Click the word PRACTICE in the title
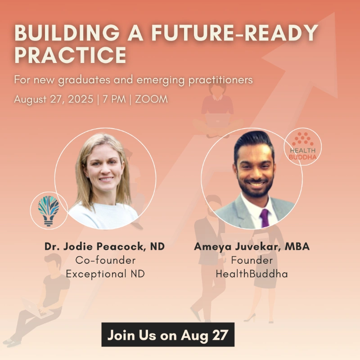(70, 55)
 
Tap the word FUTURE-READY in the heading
(234, 32)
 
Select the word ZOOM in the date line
(151, 99)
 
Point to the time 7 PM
(114, 99)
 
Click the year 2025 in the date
(81, 99)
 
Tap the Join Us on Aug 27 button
(168, 335)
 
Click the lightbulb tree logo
(49, 211)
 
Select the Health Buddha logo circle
(302, 146)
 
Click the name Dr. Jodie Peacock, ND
(104, 246)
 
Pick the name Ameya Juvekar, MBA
(252, 246)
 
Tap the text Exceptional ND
(105, 274)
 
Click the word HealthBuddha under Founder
(252, 274)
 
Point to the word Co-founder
(105, 260)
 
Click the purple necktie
(264, 218)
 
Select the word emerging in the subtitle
(161, 80)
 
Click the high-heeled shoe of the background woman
(250, 318)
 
